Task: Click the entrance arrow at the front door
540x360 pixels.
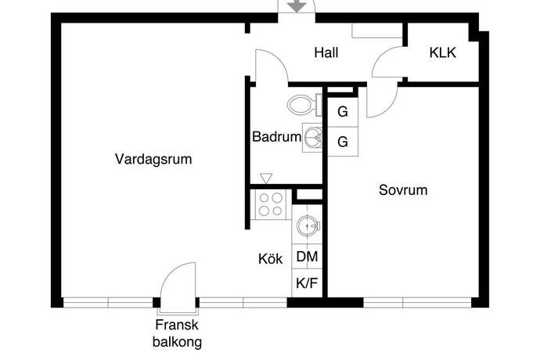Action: (x=296, y=6)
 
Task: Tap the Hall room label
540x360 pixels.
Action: (x=326, y=53)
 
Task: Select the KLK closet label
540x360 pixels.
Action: (x=442, y=53)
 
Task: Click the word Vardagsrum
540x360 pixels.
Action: (x=153, y=159)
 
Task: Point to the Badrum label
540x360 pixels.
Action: (x=276, y=137)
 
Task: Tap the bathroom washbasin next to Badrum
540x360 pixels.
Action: (x=313, y=138)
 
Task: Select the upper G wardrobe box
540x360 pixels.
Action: (x=342, y=112)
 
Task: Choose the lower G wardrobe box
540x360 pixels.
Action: (x=342, y=142)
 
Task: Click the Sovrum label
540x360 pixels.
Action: (x=403, y=189)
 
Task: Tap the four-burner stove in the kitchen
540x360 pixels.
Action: (x=271, y=205)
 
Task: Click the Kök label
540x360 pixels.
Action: (x=271, y=259)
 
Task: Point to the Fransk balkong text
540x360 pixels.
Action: (x=177, y=333)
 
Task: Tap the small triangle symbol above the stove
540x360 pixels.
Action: (x=265, y=178)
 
